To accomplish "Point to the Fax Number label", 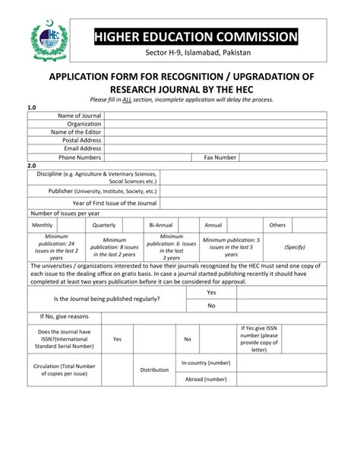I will pos(220,157).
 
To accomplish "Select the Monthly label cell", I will pos(43,225).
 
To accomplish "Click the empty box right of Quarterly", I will pos(132,225).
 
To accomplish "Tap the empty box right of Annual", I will pos(245,225).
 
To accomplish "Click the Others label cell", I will pos(277,225).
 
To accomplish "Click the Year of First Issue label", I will pos(115,203).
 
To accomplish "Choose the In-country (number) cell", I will pos(206,363).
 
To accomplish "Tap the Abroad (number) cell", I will pos(206,378).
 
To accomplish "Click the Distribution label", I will pos(154,370).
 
